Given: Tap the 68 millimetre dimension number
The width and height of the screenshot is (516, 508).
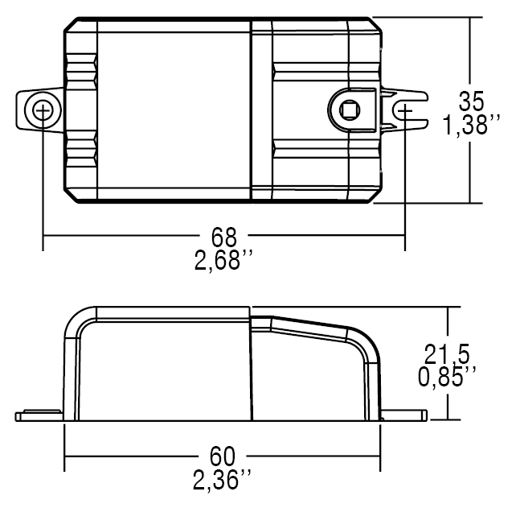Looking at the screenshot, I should pyautogui.click(x=224, y=237).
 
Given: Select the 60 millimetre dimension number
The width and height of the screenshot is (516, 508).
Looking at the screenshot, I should pyautogui.click(x=223, y=457).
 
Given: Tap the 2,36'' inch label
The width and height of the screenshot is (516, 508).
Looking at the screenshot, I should pyautogui.click(x=223, y=481).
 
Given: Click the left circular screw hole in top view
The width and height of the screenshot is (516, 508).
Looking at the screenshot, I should pyautogui.click(x=43, y=109).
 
